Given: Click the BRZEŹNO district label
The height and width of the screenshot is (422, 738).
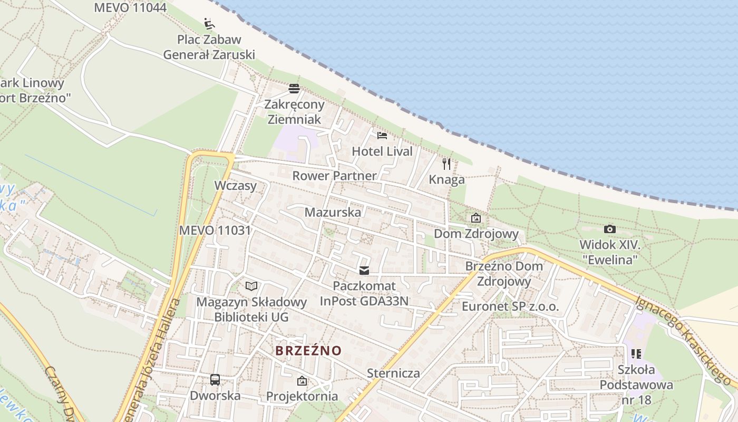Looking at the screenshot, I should tap(308, 351).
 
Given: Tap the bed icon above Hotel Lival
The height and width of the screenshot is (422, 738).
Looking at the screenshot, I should tap(382, 136).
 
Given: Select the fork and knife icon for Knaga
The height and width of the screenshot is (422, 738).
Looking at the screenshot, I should tap(446, 164).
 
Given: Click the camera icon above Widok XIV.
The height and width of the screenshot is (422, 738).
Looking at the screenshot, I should tap(610, 229).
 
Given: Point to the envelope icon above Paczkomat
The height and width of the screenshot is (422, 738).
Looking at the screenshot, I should tap(364, 271).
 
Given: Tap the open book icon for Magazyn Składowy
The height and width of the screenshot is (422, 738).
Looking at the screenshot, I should tap(252, 286).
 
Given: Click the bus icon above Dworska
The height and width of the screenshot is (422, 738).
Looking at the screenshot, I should tap(215, 380).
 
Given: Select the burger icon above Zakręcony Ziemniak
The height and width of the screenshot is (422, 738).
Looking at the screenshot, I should tap(294, 88).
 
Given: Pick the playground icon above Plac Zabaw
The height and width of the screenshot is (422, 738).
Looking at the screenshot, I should tap(209, 24).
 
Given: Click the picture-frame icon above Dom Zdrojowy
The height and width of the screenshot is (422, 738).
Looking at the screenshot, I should tap(476, 217).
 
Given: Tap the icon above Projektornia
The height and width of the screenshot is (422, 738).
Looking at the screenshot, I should tap(302, 380).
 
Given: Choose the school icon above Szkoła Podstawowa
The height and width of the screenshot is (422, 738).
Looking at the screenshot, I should tap(636, 354).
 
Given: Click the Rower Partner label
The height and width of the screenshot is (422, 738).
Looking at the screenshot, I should tap(335, 176).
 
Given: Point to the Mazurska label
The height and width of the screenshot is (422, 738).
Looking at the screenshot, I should tap(333, 213).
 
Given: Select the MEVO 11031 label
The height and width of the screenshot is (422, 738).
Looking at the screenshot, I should tap(215, 231).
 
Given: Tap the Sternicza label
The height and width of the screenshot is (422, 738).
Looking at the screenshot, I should tap(394, 373).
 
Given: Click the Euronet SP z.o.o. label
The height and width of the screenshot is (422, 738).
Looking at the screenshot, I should tap(510, 306).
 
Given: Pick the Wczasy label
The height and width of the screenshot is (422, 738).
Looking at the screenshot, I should tap(235, 186).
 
